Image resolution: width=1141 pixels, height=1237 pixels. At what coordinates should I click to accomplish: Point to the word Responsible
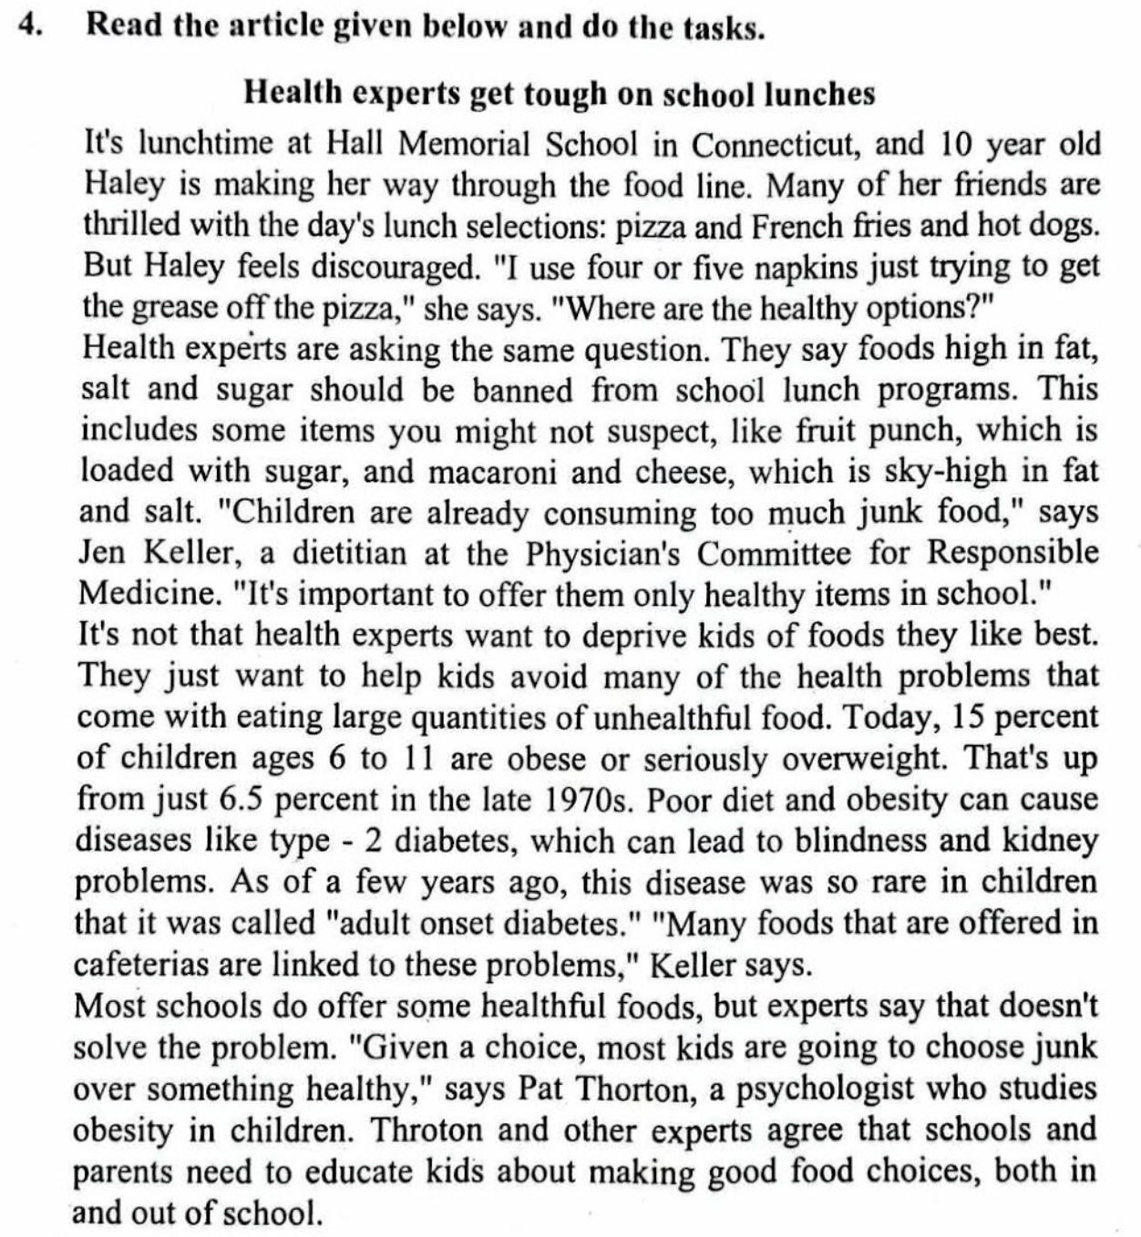point(1013,553)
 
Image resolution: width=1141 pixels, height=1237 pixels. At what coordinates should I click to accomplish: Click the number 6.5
point(242,799)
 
